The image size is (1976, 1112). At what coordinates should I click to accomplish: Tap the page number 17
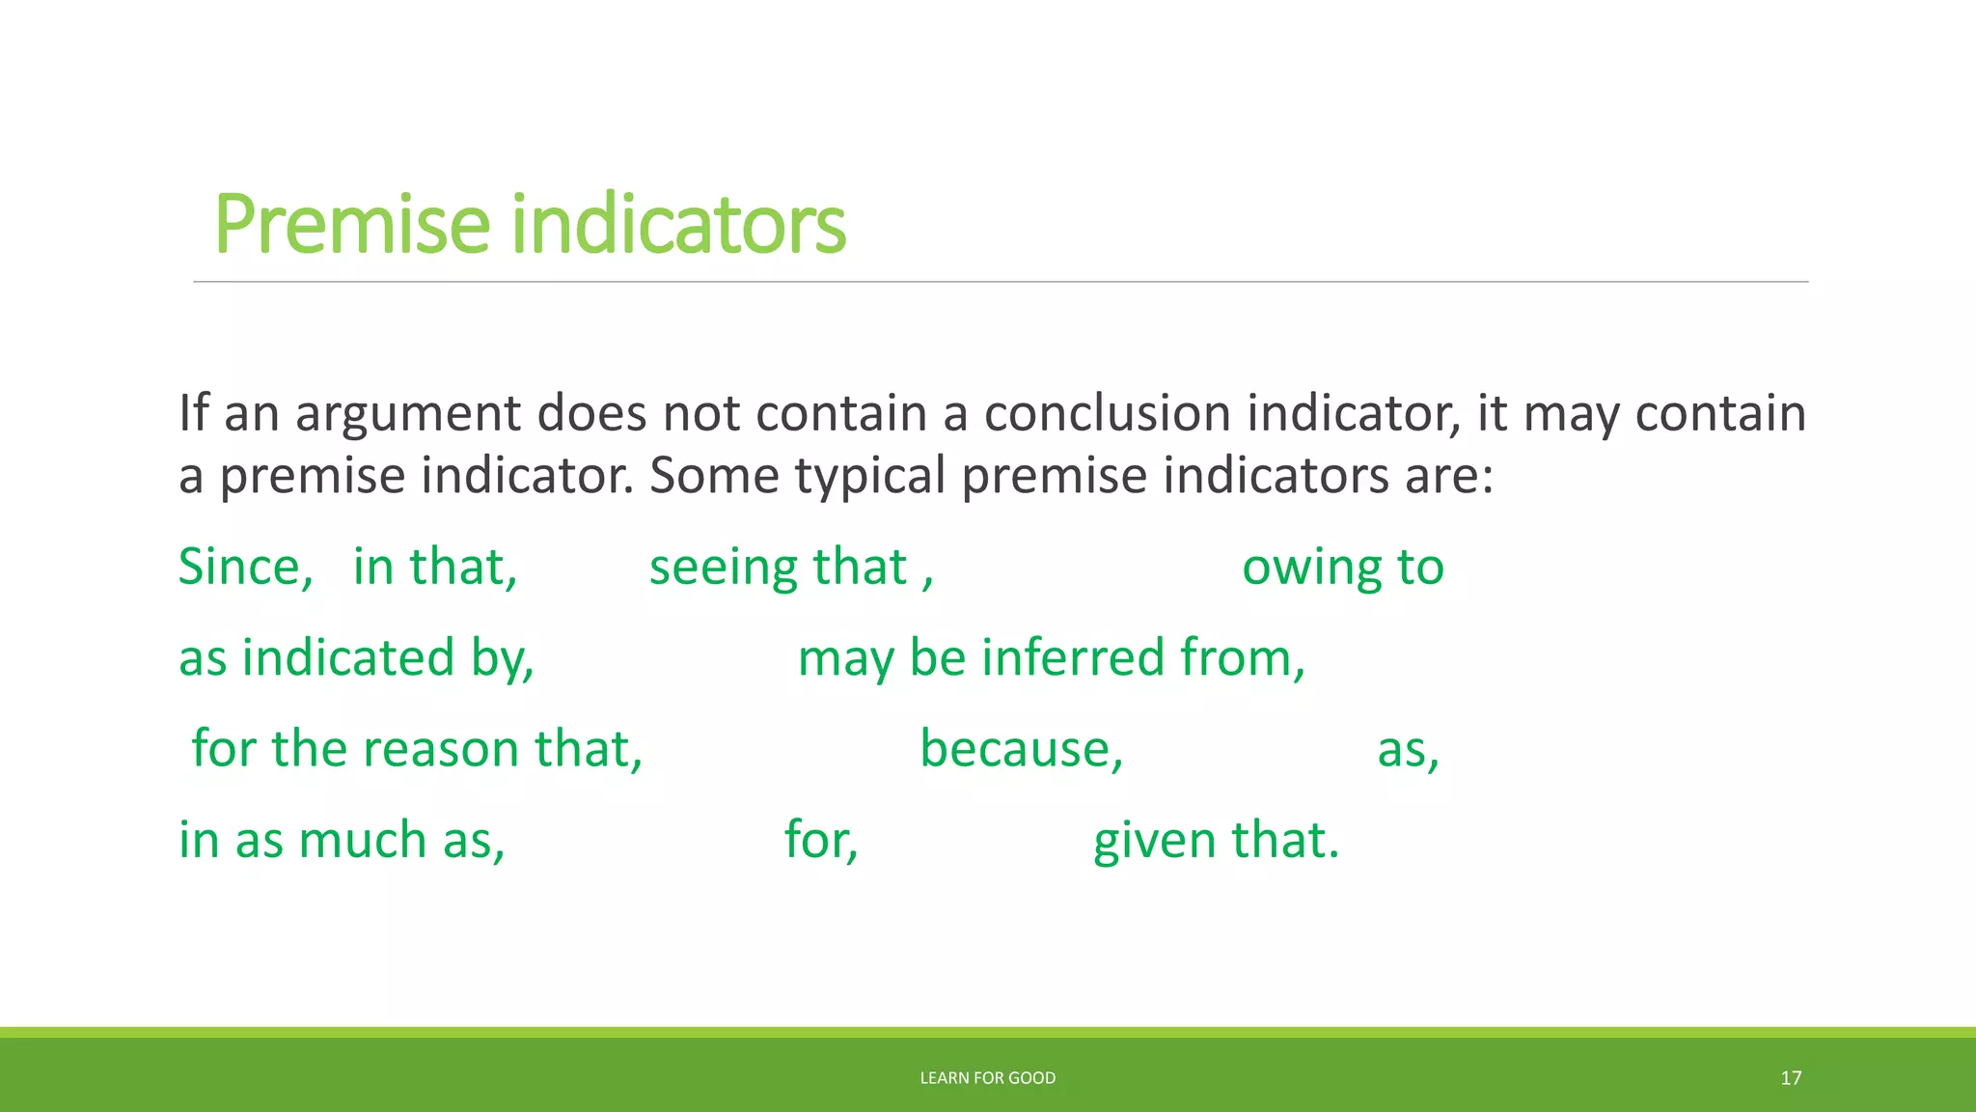tap(1791, 1078)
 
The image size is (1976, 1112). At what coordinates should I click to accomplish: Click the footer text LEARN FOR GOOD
tap(987, 1078)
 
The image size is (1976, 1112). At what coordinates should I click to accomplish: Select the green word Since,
tap(246, 567)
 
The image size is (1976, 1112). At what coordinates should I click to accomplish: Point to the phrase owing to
tap(1342, 567)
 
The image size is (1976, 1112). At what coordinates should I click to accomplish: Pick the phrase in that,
tap(435, 567)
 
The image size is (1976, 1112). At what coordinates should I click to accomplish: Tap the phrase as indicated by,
tap(356, 658)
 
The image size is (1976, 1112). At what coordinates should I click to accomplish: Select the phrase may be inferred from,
tap(1052, 658)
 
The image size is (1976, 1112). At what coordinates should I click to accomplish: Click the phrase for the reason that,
tap(417, 749)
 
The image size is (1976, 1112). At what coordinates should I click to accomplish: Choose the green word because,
tap(1022, 749)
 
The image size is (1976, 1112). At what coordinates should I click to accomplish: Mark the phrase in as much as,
tap(342, 840)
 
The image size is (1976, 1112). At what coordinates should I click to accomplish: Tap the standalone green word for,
tap(821, 840)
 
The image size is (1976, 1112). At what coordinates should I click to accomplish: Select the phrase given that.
tap(1216, 840)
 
